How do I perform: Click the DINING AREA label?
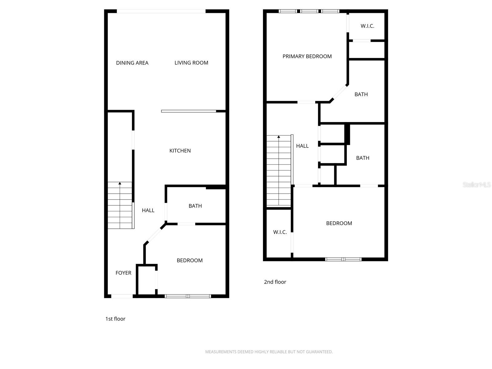pyautogui.click(x=132, y=63)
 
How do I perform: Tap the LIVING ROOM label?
pyautogui.click(x=191, y=63)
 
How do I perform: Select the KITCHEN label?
pyautogui.click(x=180, y=151)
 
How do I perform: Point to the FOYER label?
pyautogui.click(x=123, y=273)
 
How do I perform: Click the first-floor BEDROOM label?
pyautogui.click(x=189, y=260)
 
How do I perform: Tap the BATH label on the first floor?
pyautogui.click(x=195, y=206)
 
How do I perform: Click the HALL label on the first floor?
pyautogui.click(x=148, y=210)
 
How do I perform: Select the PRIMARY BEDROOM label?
pyautogui.click(x=307, y=56)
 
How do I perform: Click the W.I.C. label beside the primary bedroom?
pyautogui.click(x=367, y=26)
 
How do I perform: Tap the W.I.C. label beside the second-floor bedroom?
pyautogui.click(x=280, y=232)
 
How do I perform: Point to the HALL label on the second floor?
pyautogui.click(x=302, y=146)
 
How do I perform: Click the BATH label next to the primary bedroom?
pyautogui.click(x=361, y=94)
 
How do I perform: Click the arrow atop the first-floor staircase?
pyautogui.click(x=120, y=184)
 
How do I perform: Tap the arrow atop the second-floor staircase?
pyautogui.click(x=279, y=137)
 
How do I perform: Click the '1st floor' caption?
pyautogui.click(x=115, y=319)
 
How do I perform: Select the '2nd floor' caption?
pyautogui.click(x=275, y=282)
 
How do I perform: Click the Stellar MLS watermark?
pyautogui.click(x=477, y=184)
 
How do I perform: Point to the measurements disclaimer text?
pyautogui.click(x=269, y=352)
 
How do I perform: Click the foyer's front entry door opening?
pyautogui.click(x=122, y=296)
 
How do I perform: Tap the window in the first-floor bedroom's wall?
pyautogui.click(x=188, y=296)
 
